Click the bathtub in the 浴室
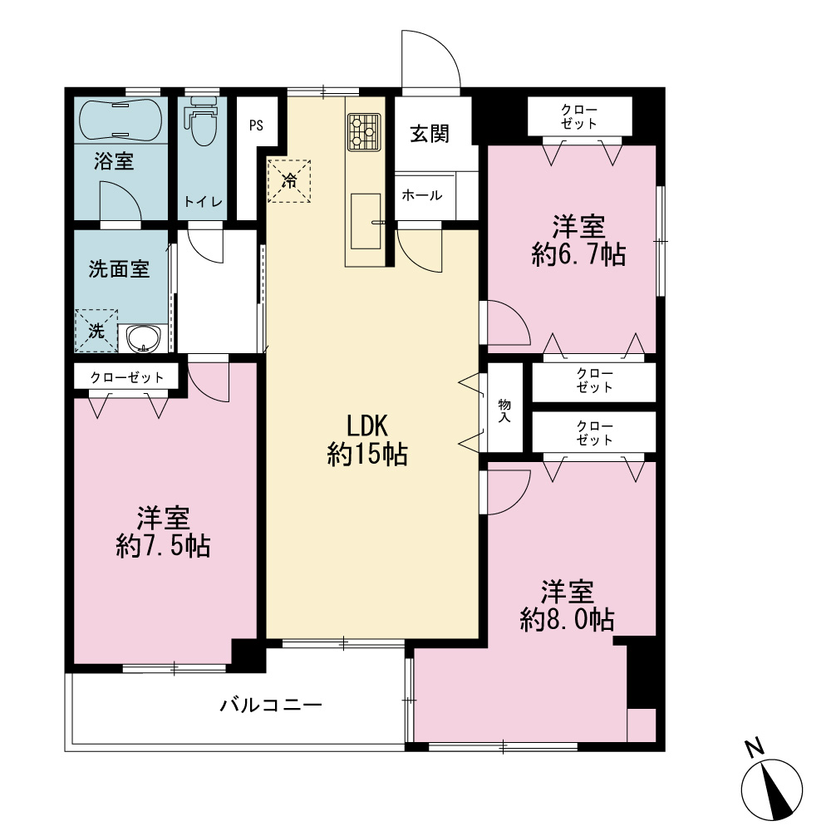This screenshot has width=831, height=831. point(120,120)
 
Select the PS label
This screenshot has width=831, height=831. point(257,125)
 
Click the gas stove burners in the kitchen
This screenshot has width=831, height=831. point(364,132)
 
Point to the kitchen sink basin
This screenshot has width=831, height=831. point(366,221)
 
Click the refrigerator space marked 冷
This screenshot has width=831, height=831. point(289,180)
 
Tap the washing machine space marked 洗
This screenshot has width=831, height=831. point(96,331)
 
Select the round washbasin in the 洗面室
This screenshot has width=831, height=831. point(144,337)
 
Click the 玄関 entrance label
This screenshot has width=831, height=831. point(430,134)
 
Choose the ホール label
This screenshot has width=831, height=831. point(422,195)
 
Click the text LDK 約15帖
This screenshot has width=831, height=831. point(367,440)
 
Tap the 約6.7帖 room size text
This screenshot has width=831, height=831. point(578,254)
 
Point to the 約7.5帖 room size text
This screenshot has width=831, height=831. point(163,547)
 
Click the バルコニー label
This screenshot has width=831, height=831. point(272,706)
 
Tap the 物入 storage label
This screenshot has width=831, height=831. point(504,411)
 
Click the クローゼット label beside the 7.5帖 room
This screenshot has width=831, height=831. point(126,377)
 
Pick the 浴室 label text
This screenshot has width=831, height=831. point(114,161)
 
